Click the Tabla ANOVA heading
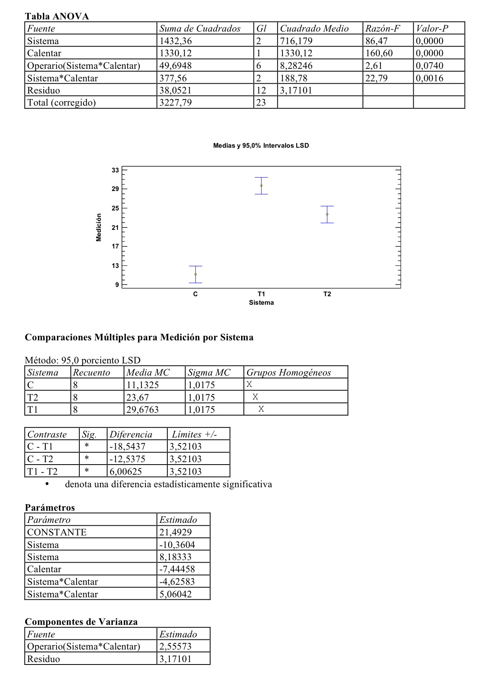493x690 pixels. point(57,16)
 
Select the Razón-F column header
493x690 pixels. point(382,28)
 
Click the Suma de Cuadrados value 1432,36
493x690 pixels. point(175,41)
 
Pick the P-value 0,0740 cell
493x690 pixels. point(429,66)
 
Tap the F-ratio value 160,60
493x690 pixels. point(379,53)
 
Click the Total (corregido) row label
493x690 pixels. point(61,102)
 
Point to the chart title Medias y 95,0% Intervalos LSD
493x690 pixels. point(261,146)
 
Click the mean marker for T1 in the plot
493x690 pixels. point(261,186)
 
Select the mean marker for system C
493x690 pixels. point(196,274)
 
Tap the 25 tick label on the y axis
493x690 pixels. point(115,208)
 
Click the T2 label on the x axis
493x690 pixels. point(327,294)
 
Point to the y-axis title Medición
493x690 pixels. point(99,227)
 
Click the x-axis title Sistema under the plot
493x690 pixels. point(261,303)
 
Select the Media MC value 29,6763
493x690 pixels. point(142,410)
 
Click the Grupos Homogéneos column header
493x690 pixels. point(288,372)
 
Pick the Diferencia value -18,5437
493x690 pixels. point(127,446)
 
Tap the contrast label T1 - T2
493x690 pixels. point(42,471)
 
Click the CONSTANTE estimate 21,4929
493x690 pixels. point(175,532)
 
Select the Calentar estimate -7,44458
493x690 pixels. point(177,569)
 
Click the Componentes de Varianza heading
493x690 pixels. point(81,622)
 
